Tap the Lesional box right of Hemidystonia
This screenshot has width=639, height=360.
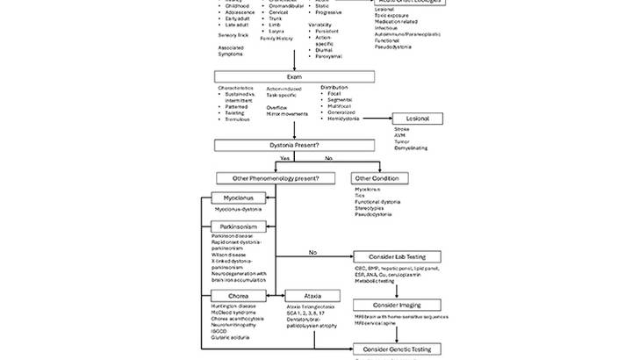pyautogui.click(x=416, y=119)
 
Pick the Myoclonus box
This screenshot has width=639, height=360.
pyautogui.click(x=237, y=198)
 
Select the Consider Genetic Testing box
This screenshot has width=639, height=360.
pyautogui.click(x=396, y=349)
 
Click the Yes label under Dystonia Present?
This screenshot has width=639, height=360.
pyautogui.click(x=284, y=158)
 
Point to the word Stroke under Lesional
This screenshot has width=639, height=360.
pyautogui.click(x=403, y=129)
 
